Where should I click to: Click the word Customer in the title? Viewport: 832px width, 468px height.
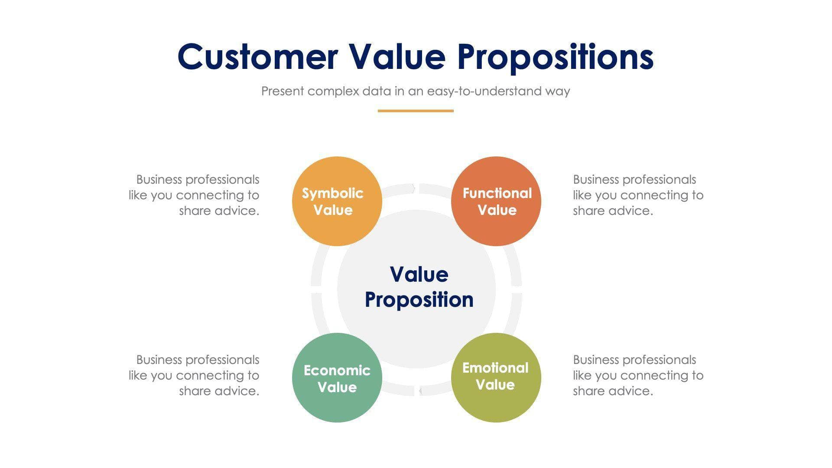point(257,57)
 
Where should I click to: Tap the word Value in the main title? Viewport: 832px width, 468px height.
point(397,57)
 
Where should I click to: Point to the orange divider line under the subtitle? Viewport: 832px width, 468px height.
point(416,111)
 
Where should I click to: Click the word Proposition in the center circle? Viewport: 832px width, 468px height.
point(419,300)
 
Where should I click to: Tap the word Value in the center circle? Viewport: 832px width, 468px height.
point(419,274)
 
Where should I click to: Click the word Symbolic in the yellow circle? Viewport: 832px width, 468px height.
point(332,193)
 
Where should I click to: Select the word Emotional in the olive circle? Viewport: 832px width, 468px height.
point(495,368)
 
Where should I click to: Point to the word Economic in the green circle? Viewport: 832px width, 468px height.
point(337,370)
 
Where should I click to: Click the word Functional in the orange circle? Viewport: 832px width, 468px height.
point(497,193)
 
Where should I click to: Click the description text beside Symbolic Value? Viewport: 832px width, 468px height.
point(194,195)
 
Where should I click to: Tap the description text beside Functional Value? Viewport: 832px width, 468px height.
point(638,195)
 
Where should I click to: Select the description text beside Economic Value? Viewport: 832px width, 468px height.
point(194,375)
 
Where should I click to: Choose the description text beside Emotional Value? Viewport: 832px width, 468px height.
point(638,375)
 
